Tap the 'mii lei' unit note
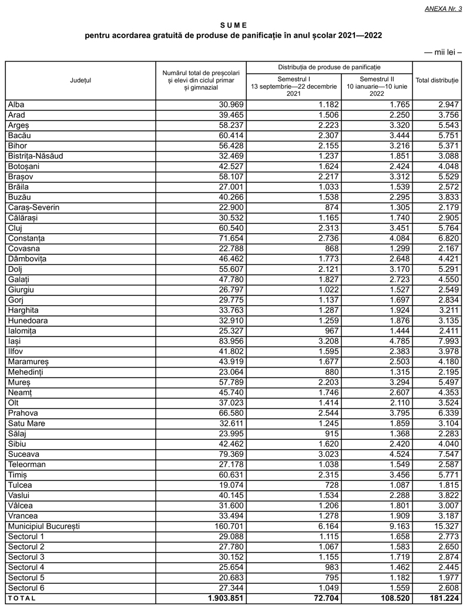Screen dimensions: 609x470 (x=442, y=53)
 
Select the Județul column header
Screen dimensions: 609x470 (x=80, y=80)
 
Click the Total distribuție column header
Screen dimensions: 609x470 (x=437, y=80)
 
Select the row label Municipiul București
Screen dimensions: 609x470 (x=44, y=526)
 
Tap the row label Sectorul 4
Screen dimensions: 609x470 (x=26, y=567)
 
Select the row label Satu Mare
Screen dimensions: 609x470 (x=27, y=423)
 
